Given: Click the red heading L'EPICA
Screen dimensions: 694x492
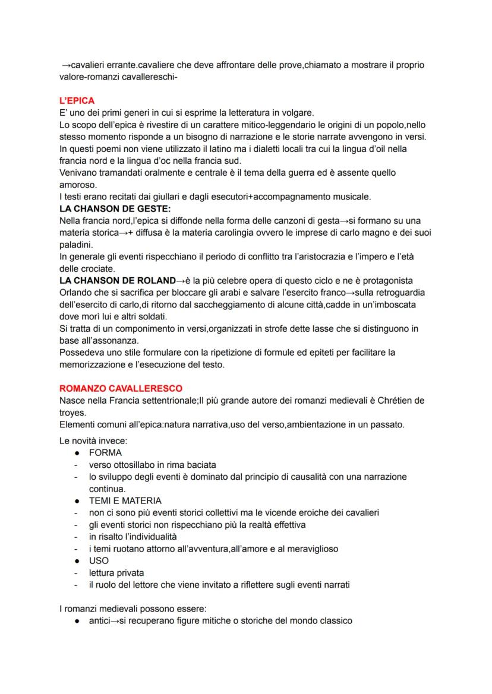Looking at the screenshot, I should (77, 101).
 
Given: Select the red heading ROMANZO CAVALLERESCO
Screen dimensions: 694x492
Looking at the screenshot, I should (121, 388).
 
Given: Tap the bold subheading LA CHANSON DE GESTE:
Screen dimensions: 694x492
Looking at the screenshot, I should (115, 209).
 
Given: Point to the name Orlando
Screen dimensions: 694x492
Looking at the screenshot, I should (76, 293).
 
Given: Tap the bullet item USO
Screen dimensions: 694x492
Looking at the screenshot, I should (99, 560).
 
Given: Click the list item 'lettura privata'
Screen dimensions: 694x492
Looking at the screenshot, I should (116, 573).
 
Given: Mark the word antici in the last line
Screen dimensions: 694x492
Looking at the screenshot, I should (101, 621).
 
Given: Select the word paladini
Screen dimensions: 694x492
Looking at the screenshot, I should (76, 245).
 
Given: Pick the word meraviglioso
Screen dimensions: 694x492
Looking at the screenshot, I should (305, 549).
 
